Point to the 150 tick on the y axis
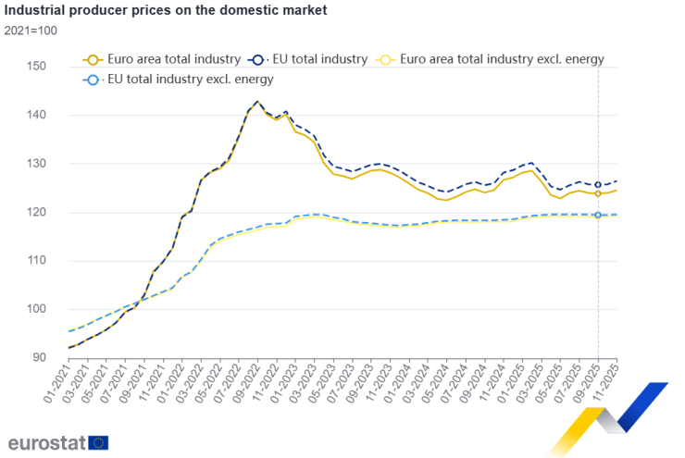pyautogui.click(x=36, y=67)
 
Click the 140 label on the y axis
pyautogui.click(x=36, y=116)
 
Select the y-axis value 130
pyautogui.click(x=36, y=164)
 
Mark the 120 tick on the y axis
pyautogui.click(x=36, y=213)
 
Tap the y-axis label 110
pyautogui.click(x=36, y=261)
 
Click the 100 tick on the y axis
pyautogui.click(x=36, y=310)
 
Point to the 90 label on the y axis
pyautogui.click(x=39, y=358)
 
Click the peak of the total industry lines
pyautogui.click(x=257, y=102)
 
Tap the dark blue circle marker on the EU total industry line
pyautogui.click(x=598, y=185)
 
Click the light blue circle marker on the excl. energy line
pyautogui.click(x=598, y=215)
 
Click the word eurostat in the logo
pyautogui.click(x=47, y=441)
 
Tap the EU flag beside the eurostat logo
pyautogui.click(x=99, y=441)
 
